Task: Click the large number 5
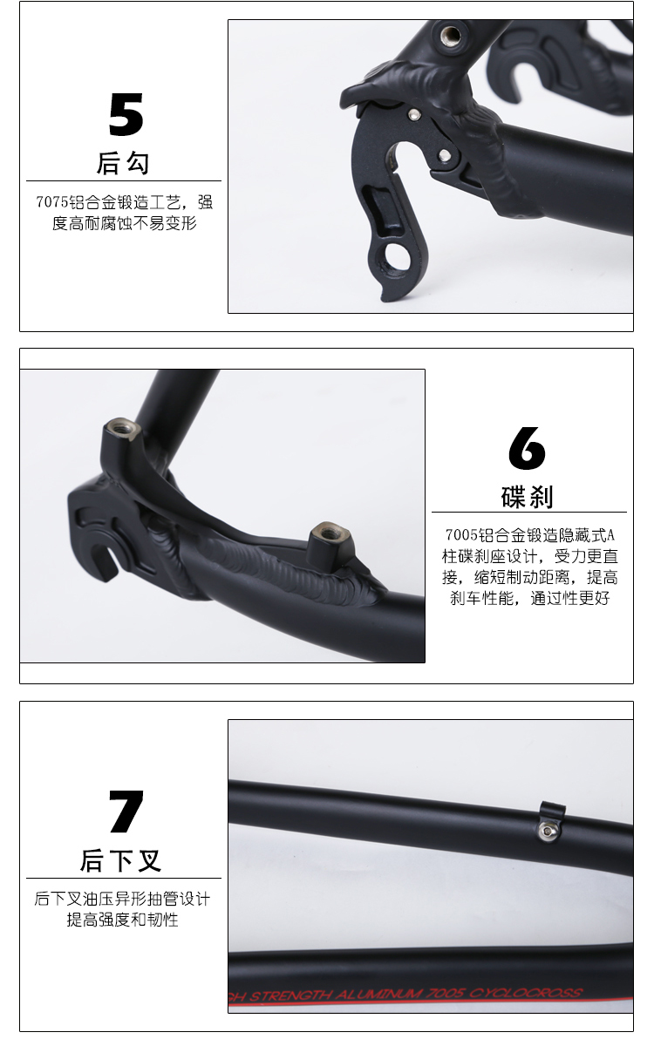point(126,114)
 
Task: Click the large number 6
point(527,447)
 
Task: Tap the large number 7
point(126,812)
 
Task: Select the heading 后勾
point(123,163)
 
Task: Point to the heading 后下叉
point(120,860)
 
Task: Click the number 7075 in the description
point(51,202)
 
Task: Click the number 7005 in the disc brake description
point(461,534)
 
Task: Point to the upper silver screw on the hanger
point(413,114)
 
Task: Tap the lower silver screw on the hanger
point(445,155)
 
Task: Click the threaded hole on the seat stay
point(451,34)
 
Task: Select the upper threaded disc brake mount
point(122,429)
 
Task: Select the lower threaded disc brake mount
point(330,533)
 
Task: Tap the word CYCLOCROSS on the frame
point(525,993)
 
